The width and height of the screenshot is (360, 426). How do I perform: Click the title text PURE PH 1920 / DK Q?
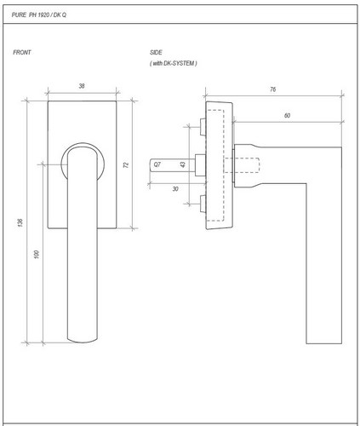pos(39,14)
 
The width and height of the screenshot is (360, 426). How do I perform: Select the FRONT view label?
pos(22,52)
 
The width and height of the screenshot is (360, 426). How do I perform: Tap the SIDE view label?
pos(156,52)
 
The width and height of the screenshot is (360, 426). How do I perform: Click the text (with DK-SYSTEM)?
pos(174,63)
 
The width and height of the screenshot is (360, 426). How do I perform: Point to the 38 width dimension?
pos(82,86)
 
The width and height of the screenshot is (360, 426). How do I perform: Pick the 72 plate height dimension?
pos(126,164)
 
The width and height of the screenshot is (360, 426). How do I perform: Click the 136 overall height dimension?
pos(20,222)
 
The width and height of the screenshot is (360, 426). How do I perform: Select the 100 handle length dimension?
pos(36,254)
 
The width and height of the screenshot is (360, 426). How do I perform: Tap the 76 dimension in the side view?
pos(272,89)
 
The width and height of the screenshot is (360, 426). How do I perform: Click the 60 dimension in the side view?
pos(287,116)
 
